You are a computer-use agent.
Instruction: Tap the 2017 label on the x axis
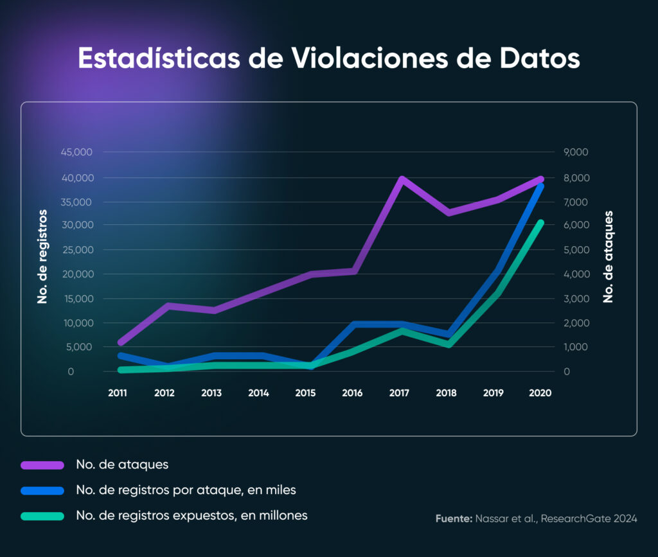[399, 393]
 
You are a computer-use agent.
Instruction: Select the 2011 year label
[118, 393]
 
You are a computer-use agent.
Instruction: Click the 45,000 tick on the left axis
[77, 152]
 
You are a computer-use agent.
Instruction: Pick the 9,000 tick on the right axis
[576, 152]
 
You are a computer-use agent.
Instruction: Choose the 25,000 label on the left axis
[77, 250]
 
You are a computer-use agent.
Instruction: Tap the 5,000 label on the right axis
[576, 250]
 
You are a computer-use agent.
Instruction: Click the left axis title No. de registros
[43, 256]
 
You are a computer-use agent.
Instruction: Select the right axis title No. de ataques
[608, 256]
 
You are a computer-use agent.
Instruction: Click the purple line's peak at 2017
[402, 179]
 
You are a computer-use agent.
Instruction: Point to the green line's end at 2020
[540, 223]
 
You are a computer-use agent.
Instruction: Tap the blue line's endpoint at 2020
[540, 186]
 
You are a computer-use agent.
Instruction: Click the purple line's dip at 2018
[449, 212]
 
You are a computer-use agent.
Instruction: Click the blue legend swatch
[42, 491]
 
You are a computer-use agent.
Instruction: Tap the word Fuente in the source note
[453, 518]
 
